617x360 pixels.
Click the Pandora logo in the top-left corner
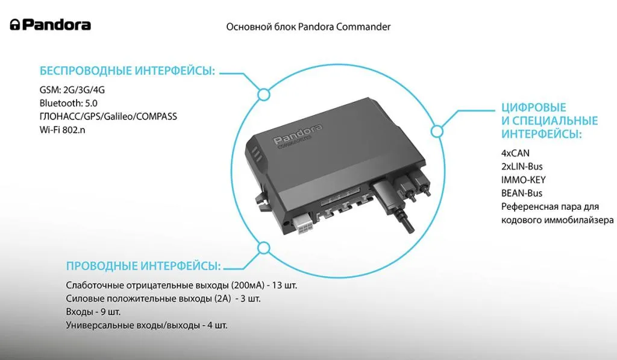pos(51,25)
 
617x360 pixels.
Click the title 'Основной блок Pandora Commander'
pos(308,27)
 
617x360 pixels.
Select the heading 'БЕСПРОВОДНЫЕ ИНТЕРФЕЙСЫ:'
pos(128,71)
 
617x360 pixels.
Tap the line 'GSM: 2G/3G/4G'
pos(72,90)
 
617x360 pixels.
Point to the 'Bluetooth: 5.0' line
pos(69,103)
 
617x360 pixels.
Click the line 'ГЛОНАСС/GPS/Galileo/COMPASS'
pos(108,116)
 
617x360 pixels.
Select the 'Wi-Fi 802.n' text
pos(62,130)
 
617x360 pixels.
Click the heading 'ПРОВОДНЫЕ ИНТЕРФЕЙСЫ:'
pos(143,266)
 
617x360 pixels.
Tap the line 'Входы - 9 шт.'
pos(93,312)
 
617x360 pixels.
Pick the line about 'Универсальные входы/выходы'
pos(147,326)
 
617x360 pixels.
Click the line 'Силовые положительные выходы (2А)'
pos(163,298)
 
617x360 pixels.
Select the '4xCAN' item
pos(516,153)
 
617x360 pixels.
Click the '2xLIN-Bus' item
pos(522,166)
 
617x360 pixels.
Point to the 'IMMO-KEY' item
pos(524,180)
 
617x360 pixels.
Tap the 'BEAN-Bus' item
pos(522,194)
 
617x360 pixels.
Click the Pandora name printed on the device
pos(298,134)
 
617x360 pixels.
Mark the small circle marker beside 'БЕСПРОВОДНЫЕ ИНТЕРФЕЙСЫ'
pos(264,95)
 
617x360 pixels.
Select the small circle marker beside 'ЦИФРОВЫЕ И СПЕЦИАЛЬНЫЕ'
pos(437,131)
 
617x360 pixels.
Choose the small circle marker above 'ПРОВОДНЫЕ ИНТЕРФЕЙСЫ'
pos(264,248)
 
